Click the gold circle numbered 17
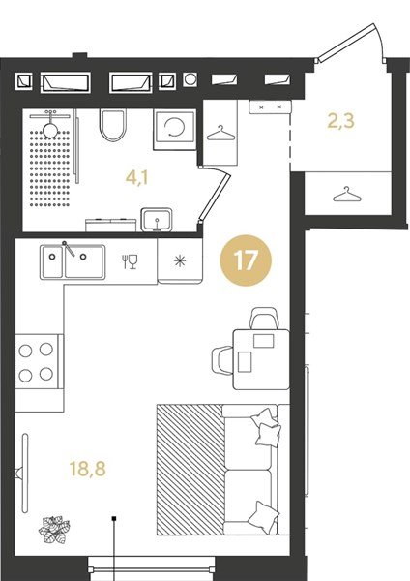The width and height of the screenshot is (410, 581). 246,260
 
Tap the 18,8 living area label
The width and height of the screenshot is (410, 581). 88,469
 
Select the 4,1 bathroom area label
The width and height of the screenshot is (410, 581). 137,178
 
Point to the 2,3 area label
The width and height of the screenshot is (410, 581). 340,121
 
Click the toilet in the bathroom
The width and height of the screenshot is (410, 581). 113,125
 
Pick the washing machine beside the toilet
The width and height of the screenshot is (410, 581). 175,130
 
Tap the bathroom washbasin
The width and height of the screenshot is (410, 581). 157,220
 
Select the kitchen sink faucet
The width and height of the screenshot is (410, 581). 69,248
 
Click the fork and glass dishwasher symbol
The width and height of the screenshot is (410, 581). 130,261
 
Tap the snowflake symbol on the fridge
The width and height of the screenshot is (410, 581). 180,261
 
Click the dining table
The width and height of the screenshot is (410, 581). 261,359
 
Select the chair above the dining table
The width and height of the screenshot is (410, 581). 265,318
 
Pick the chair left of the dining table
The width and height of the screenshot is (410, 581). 222,360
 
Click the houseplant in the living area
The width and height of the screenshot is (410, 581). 54,530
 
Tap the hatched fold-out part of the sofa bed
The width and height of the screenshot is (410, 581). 190,470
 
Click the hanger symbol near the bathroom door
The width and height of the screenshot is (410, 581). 220,134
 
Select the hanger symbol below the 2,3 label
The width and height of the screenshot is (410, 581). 346,195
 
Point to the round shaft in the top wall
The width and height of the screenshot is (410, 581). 190,79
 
